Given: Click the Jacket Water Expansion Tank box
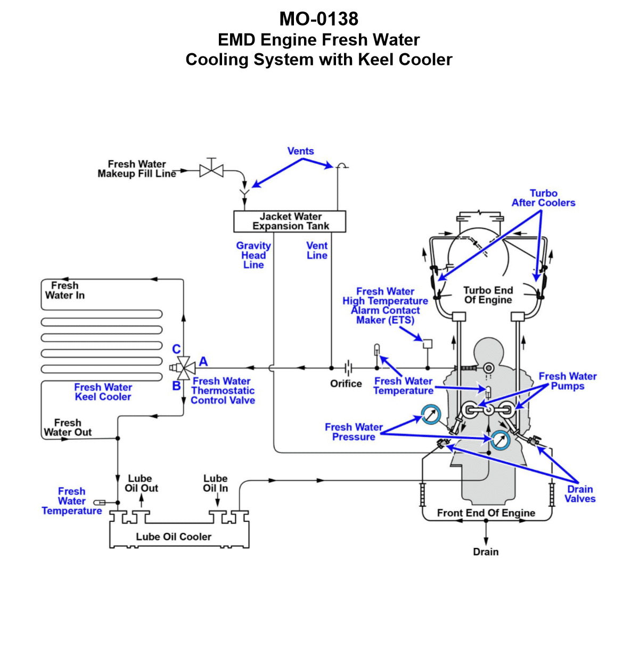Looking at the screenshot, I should coord(290,221).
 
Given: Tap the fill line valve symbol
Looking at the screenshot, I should coord(211,170).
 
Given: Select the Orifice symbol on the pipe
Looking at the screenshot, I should coord(348,368).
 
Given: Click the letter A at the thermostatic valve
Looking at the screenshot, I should coord(203,362).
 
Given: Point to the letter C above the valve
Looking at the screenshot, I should coord(176,349).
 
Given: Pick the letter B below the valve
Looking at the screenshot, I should coord(176,386).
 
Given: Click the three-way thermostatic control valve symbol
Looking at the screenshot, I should coord(183,368).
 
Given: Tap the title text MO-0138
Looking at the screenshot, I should coord(319,19).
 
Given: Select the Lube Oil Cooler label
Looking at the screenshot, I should coord(174,537).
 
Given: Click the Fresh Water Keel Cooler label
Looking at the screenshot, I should coord(103,392).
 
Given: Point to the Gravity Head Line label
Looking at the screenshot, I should coord(253,255).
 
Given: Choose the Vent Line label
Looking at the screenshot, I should coord(317,250).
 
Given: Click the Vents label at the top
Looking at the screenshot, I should coord(301,151).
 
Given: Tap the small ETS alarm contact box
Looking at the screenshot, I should coord(427,344).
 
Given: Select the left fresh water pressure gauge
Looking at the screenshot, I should coord(430,415).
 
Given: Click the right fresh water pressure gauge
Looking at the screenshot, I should coord(500,440).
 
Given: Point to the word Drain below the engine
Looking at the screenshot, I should coord(486,552).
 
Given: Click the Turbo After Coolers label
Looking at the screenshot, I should coord(543,198).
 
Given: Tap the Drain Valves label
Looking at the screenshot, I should coord(580,494).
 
